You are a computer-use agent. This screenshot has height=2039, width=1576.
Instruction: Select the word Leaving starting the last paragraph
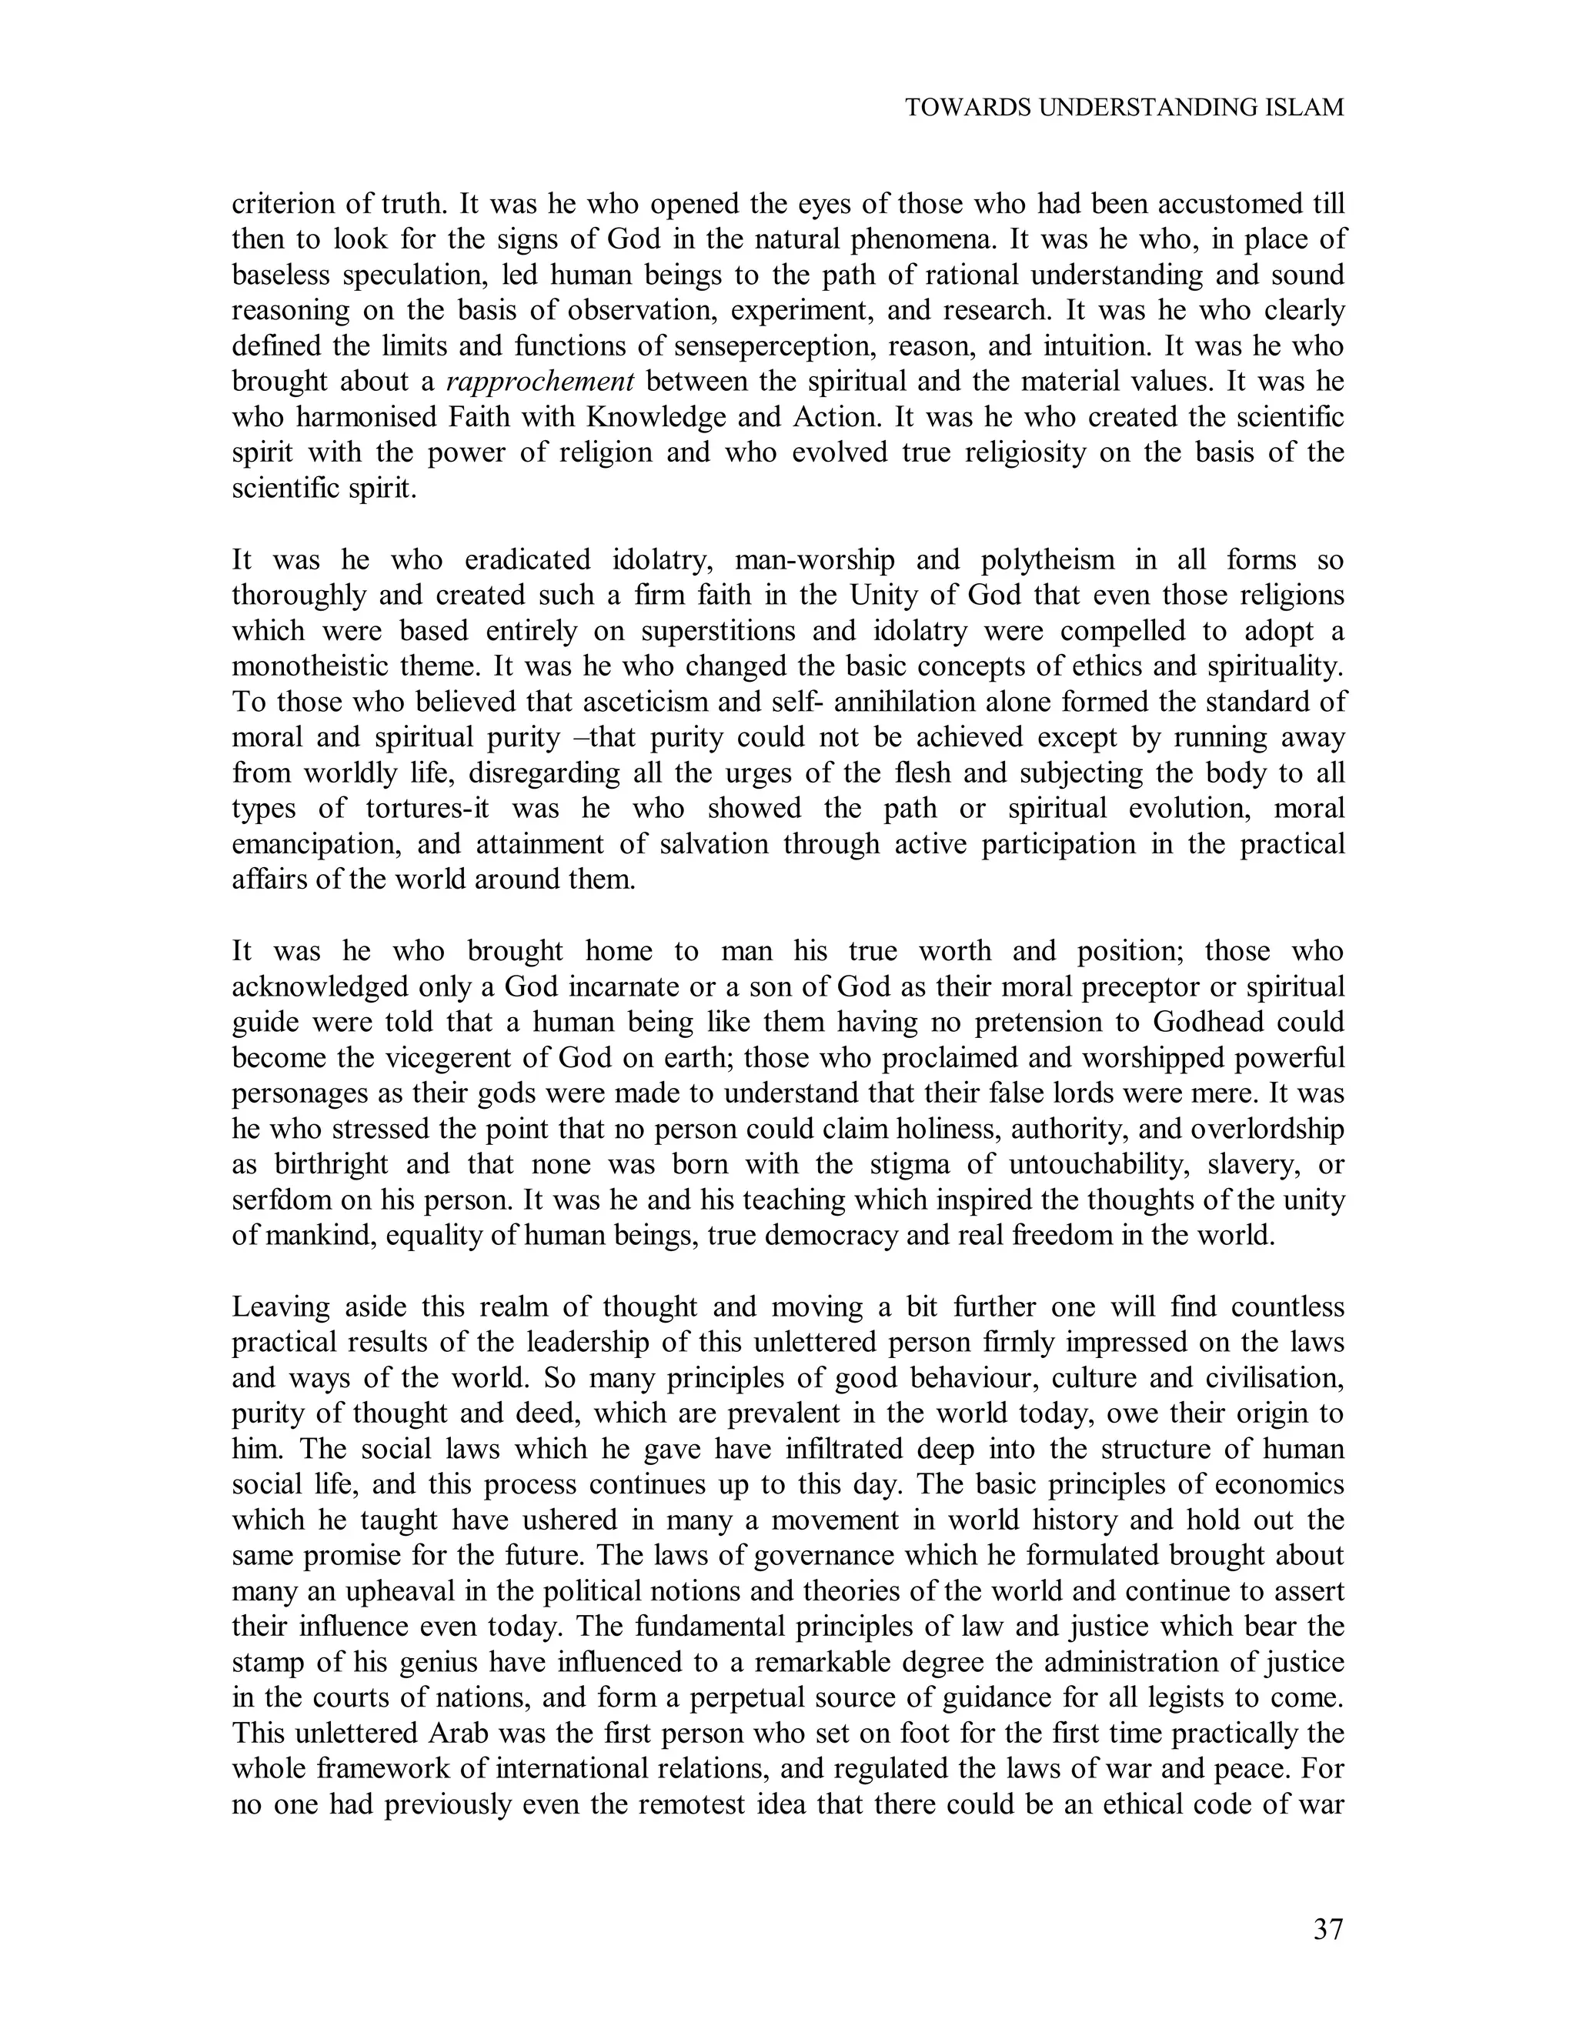(x=281, y=1307)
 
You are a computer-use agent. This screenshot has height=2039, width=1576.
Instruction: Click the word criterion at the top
(x=289, y=205)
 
